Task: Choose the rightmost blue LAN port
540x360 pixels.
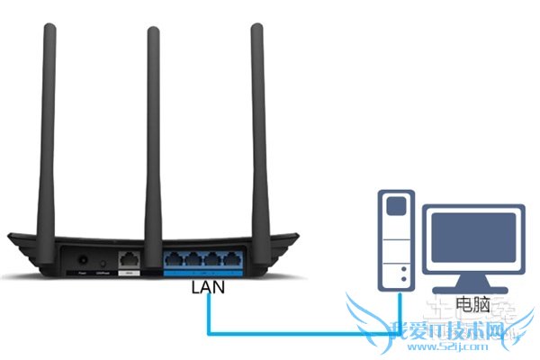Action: click(x=236, y=260)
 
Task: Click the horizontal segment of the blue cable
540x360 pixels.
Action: click(x=297, y=333)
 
